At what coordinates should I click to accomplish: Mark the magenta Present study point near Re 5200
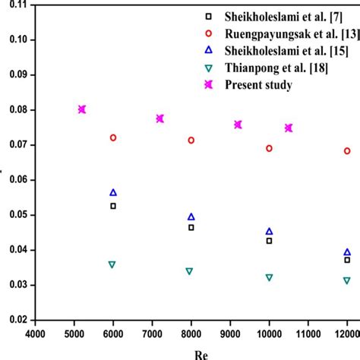[x=82, y=109]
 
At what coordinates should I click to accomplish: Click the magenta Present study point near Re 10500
[x=289, y=128]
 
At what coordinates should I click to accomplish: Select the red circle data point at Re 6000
[x=113, y=137]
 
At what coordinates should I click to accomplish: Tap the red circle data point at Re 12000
[x=347, y=151]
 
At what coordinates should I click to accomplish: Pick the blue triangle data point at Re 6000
[x=113, y=193]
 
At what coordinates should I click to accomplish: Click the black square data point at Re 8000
[x=191, y=227]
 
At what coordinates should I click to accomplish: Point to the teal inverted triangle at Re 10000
[x=269, y=278]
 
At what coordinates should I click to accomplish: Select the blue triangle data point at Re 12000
[x=347, y=252]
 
